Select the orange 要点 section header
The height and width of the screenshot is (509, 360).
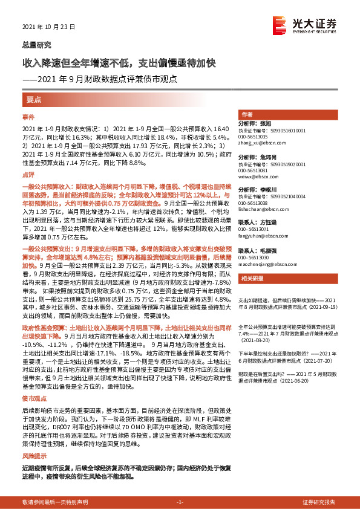(34, 99)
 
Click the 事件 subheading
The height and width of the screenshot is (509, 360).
(29, 116)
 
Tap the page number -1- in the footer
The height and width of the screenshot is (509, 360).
(180, 502)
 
